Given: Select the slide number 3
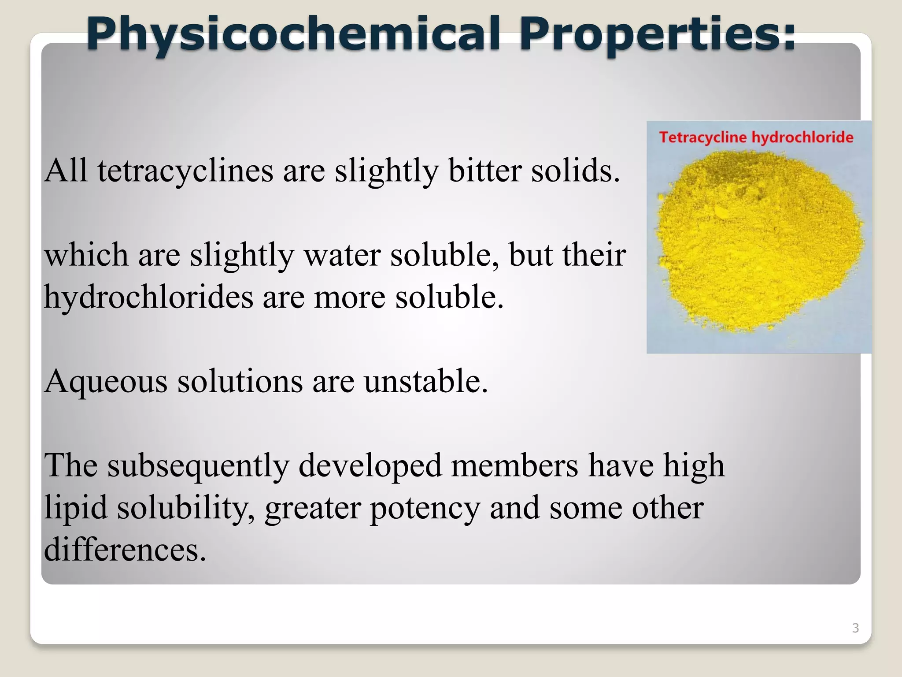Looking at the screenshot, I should [x=855, y=628].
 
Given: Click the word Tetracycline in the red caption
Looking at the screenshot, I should [x=703, y=137].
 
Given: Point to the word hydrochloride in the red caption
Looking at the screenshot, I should [x=802, y=137].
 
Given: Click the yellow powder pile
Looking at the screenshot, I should [x=758, y=242].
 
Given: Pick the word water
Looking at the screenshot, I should [x=342, y=255].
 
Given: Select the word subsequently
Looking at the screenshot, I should [x=199, y=466].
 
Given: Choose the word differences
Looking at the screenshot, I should [x=125, y=550].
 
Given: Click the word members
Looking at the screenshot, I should [x=514, y=466].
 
